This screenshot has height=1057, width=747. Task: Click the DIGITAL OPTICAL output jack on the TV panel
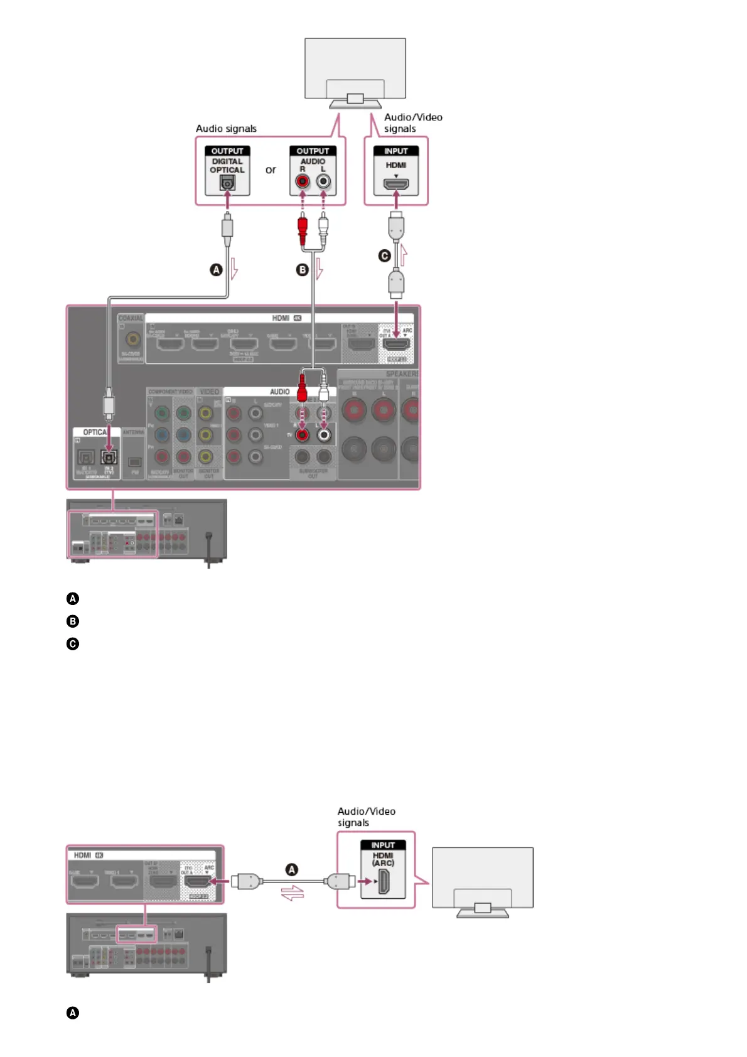point(227,183)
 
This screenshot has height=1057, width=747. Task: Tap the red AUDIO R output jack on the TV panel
point(303,182)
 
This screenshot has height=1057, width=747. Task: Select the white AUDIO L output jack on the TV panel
point(323,182)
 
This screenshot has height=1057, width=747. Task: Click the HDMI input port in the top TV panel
point(396,185)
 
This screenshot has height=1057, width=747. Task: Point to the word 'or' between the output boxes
point(271,169)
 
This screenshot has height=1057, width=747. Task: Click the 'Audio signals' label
point(226,129)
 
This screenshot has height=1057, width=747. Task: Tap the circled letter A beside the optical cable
point(216,270)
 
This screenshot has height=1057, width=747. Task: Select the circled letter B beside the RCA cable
point(303,270)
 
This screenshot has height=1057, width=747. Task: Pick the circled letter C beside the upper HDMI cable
point(385,255)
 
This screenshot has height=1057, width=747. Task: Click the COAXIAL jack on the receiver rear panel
point(132,340)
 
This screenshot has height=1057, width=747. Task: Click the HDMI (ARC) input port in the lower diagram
point(383,883)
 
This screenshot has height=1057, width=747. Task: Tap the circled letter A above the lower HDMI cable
point(292,869)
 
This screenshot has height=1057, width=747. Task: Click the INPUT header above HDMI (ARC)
point(383,845)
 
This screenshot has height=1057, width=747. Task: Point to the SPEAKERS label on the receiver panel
point(402,373)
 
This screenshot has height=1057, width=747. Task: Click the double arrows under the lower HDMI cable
point(293,893)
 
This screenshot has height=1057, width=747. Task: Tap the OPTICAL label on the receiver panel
point(94,432)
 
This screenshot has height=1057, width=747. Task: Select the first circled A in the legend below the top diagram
point(73,598)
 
